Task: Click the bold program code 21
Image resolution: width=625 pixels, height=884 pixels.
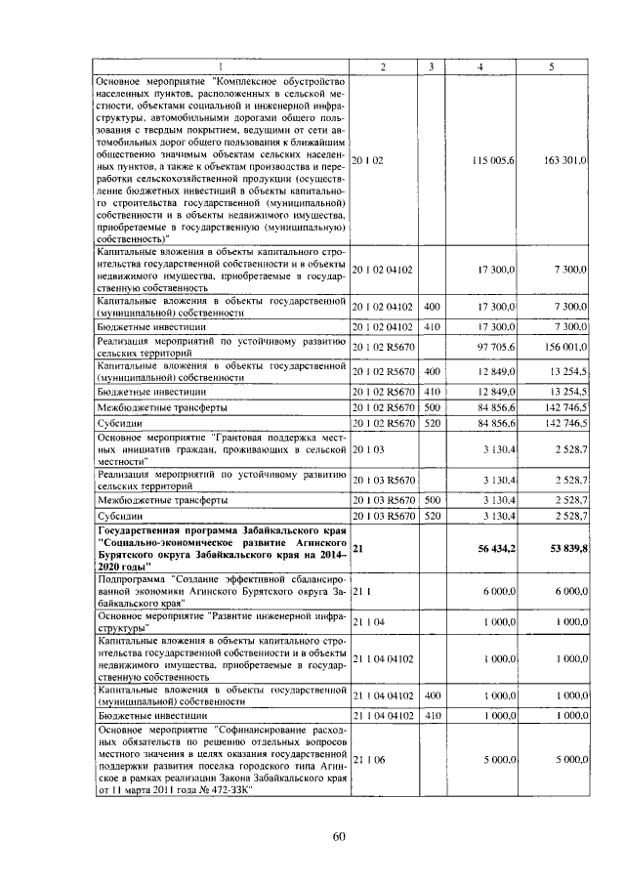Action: point(357,550)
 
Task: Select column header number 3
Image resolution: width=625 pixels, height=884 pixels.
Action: point(431,65)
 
